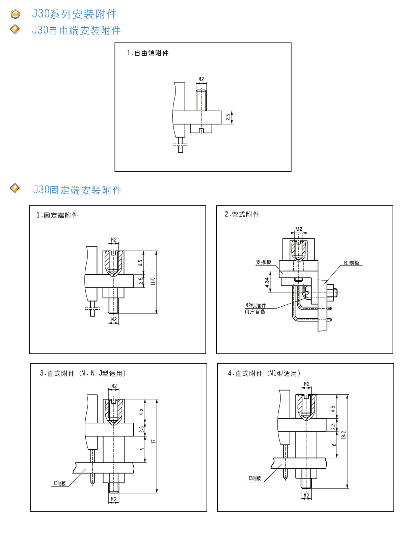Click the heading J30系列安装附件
point(74,14)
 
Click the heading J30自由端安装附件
point(77,30)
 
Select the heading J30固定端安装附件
point(78,190)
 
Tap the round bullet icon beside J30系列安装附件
point(15,14)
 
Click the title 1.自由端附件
point(147,53)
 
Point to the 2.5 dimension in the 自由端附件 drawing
point(228,117)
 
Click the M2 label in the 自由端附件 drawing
point(201,79)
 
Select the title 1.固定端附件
point(57,216)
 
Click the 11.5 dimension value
point(153,282)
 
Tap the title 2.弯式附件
point(242,215)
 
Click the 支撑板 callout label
point(264,262)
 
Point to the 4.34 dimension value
point(267,282)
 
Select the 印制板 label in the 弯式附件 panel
point(352,263)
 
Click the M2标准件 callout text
point(255,306)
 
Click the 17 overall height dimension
point(154,441)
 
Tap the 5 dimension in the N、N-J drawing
point(142,449)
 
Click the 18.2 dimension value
point(344,435)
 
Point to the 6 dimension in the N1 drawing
point(334,445)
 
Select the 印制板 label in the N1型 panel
point(255,478)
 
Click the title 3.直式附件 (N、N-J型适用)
point(83,373)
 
